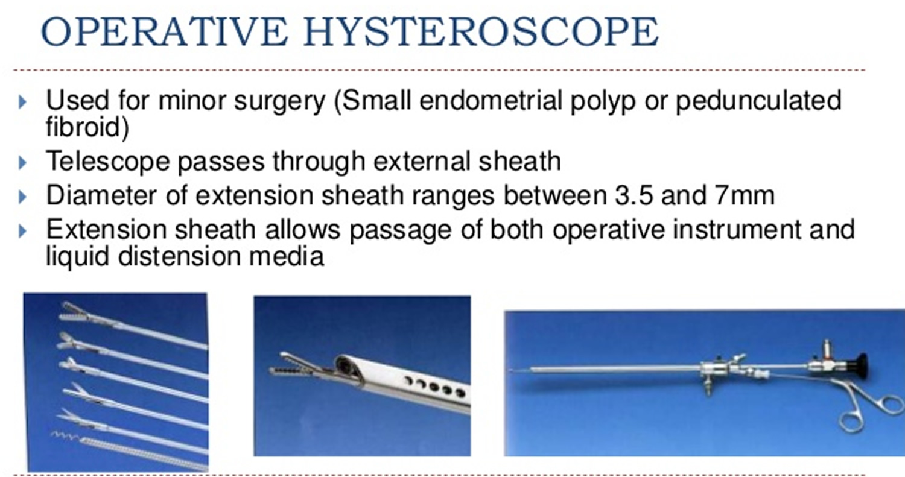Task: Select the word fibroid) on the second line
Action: click(87, 127)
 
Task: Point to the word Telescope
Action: click(107, 162)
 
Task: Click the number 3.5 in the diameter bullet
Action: click(634, 195)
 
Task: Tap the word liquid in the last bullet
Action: click(78, 256)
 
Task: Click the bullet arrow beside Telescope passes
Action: click(23, 163)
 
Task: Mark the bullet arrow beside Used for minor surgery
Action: click(23, 102)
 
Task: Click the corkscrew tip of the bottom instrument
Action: click(65, 436)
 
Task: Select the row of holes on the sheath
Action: click(436, 386)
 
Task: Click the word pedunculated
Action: click(758, 101)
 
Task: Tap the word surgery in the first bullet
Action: click(279, 101)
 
